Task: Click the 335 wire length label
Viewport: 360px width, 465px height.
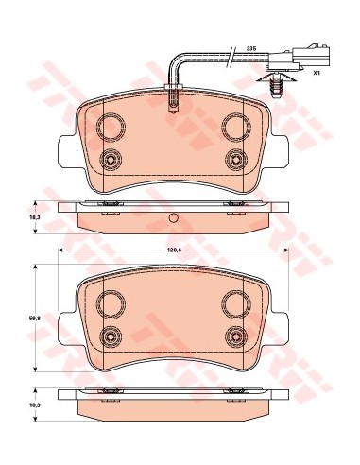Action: pyautogui.click(x=251, y=48)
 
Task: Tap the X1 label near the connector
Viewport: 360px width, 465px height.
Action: pyautogui.click(x=316, y=73)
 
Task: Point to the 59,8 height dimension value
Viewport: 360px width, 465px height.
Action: pyautogui.click(x=30, y=319)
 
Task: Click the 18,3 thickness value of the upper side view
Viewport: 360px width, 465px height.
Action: pyautogui.click(x=30, y=217)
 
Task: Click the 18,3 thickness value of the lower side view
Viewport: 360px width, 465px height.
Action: pyautogui.click(x=30, y=405)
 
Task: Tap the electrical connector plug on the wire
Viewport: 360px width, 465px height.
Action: pyautogui.click(x=299, y=59)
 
